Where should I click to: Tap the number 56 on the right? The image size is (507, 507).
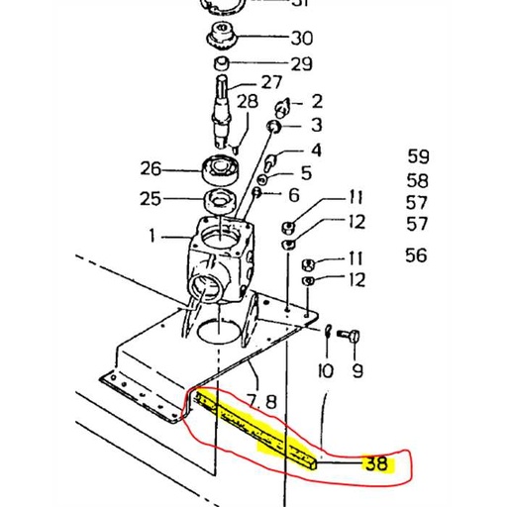click(417, 255)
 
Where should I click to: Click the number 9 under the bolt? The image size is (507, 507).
click(357, 372)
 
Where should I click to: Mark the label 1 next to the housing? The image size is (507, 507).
click(153, 237)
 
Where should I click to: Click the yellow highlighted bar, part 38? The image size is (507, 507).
click(257, 426)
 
